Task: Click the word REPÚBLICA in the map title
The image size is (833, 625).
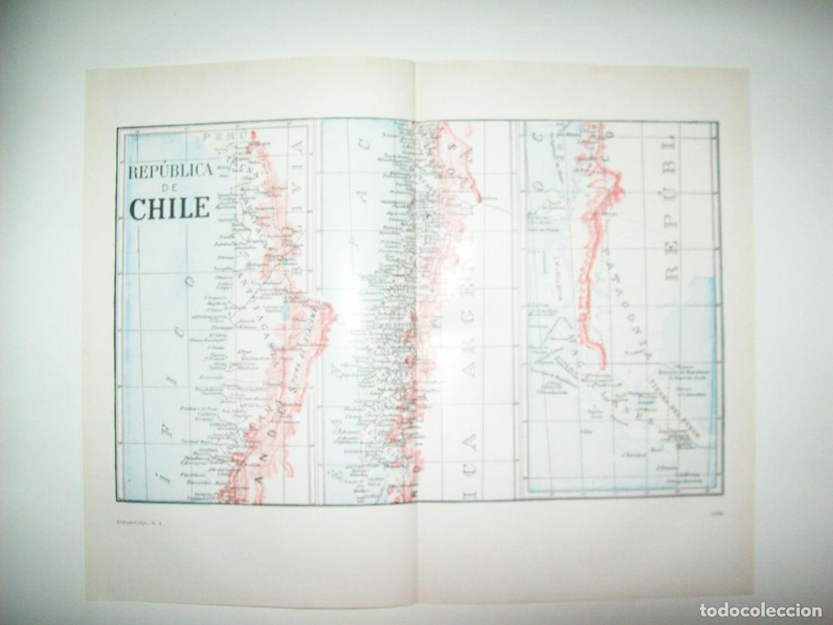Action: point(170,172)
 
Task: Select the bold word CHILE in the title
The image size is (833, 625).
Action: point(170,208)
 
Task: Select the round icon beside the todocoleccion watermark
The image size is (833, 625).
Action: point(707,611)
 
